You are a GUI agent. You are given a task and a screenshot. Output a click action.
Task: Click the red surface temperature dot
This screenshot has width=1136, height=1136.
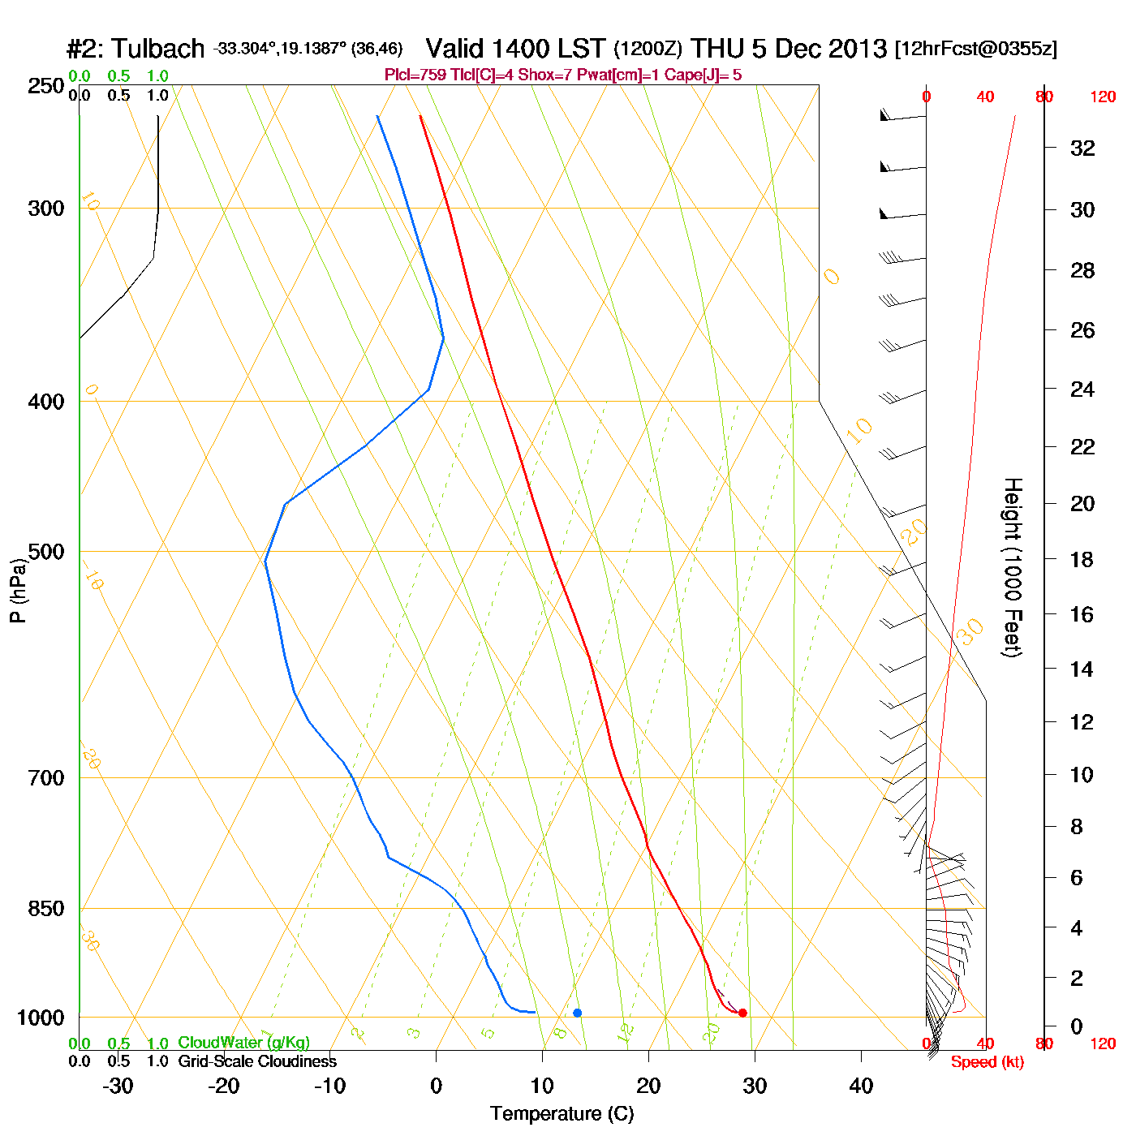tap(742, 1013)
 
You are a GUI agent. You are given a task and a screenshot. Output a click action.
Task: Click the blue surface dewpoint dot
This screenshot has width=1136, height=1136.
tap(577, 1013)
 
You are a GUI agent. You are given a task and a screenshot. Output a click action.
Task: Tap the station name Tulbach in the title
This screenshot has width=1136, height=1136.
tap(157, 49)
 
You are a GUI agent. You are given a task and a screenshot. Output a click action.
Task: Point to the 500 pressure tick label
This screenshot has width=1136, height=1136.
tap(46, 552)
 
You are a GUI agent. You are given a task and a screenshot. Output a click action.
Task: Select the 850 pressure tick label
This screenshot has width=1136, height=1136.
tap(46, 908)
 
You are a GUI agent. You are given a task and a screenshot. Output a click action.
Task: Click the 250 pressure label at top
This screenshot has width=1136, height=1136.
tap(46, 86)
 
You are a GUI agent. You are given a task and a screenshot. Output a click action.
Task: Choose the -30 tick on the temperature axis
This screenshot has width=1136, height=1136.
tap(118, 1086)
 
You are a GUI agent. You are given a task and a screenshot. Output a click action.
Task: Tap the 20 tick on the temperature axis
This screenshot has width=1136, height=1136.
tap(648, 1086)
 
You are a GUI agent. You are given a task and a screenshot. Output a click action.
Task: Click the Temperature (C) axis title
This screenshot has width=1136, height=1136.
tap(562, 1114)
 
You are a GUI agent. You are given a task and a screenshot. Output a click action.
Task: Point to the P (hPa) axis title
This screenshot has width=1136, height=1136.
tap(18, 590)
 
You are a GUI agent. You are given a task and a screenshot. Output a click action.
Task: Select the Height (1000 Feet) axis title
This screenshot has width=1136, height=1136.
tap(1013, 567)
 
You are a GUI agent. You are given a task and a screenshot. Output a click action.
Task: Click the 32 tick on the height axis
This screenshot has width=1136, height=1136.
tap(1082, 148)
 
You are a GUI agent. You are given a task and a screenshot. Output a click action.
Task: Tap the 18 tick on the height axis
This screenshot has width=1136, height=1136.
tap(1082, 559)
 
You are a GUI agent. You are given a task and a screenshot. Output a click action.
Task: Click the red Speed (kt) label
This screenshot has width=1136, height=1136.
tap(987, 1062)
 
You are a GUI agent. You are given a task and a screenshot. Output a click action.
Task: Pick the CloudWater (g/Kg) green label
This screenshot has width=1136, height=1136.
tap(243, 1043)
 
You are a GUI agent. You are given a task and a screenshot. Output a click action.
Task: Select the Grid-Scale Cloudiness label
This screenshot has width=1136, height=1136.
tap(257, 1061)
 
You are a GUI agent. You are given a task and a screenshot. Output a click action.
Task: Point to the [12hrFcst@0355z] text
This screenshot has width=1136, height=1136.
tap(975, 49)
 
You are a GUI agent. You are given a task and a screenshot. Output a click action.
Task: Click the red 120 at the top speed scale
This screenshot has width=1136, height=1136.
tap(1103, 97)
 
